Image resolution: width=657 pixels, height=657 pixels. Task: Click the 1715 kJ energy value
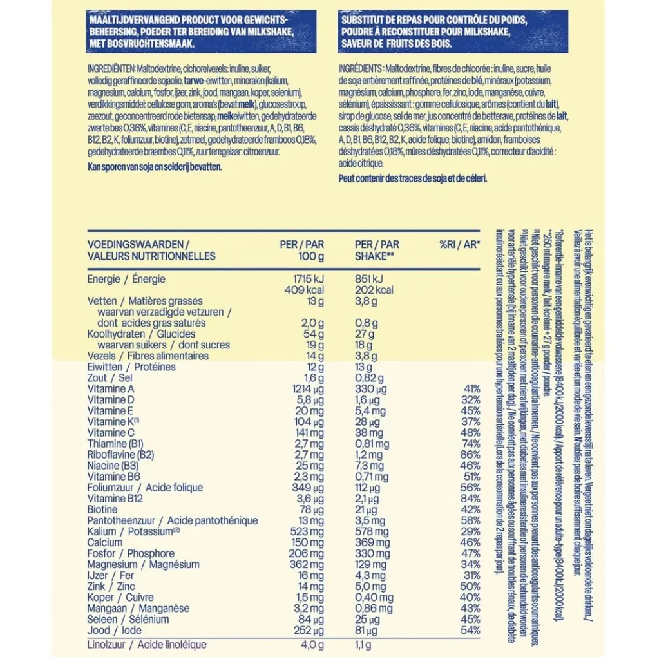308,279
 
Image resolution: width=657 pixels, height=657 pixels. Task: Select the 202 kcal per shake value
374,290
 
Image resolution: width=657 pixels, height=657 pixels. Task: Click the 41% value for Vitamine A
471,389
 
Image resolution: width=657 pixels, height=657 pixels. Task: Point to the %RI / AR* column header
460,245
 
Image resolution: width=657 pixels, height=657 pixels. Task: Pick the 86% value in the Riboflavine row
471,455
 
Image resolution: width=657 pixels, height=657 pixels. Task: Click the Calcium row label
104,542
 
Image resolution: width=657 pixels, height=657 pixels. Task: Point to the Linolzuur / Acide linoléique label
147,645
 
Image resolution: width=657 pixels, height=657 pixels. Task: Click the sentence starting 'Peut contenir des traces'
413,178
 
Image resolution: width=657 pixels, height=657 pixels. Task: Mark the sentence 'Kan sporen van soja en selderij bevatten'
154,166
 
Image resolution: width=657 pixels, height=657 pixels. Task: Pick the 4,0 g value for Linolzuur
311,645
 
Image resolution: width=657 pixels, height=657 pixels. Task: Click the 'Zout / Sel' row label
110,378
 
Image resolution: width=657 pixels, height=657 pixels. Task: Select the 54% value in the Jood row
471,630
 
